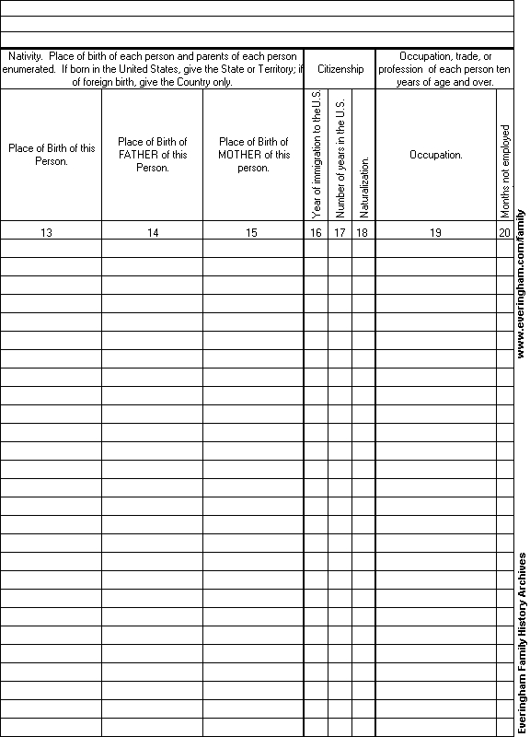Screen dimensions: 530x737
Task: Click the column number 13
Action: [46, 233]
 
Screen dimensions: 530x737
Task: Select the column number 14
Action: [153, 233]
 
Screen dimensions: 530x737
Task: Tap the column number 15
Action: [251, 233]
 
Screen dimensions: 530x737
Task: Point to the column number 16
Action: [316, 233]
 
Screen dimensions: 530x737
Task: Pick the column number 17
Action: [340, 233]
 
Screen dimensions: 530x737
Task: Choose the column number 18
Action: [363, 233]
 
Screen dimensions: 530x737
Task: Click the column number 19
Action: [435, 233]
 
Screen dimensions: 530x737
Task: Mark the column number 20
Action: [504, 233]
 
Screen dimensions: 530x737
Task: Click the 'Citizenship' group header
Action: [340, 69]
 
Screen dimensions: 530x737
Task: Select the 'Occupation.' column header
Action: [435, 155]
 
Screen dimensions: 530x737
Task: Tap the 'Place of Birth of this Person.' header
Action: [52, 155]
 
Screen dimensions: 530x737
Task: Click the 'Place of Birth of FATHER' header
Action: [153, 155]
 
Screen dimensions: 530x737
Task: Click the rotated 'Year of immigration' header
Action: [317, 154]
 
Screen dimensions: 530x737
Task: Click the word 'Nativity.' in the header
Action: [26, 57]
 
